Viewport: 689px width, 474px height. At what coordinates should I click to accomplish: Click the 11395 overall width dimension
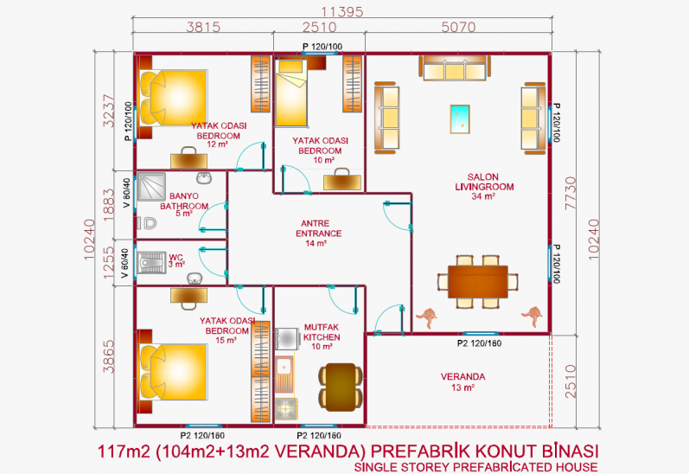pos(342,11)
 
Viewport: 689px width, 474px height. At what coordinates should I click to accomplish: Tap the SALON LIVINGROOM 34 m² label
pos(484,187)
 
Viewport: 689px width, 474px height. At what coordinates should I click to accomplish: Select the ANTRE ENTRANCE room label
pos(319,228)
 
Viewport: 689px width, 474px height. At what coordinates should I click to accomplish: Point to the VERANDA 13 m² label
pos(463,381)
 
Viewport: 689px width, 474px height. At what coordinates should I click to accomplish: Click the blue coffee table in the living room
pos(460,118)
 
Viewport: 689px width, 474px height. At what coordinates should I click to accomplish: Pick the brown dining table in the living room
pos(478,282)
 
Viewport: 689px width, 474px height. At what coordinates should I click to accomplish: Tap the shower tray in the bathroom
pos(151,187)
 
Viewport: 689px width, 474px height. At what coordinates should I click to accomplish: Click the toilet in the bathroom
pos(147,223)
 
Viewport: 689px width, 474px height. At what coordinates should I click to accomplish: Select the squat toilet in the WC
pos(151,262)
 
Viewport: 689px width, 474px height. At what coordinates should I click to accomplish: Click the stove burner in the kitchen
pos(286,408)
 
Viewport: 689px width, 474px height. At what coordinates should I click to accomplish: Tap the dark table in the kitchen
pos(341,387)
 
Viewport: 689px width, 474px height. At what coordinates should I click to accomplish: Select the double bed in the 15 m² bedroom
pos(173,372)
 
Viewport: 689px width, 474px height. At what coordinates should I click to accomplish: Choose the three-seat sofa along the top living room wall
pos(455,67)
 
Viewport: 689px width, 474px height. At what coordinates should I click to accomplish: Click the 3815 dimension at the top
pos(203,28)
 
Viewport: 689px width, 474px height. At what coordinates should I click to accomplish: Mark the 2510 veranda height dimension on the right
pos(570,381)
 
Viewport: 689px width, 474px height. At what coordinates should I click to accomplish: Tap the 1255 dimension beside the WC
pos(108,262)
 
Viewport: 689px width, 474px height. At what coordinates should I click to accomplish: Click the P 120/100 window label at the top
pos(322,47)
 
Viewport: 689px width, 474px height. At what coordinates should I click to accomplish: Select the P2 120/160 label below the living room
pos(479,343)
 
